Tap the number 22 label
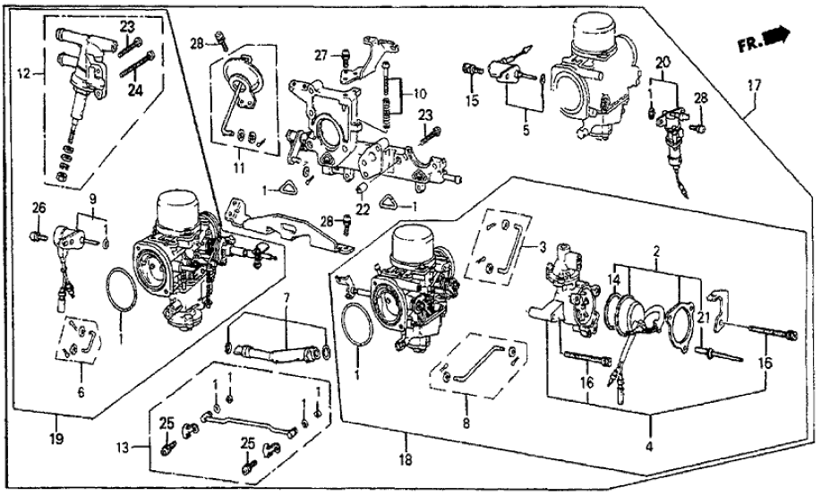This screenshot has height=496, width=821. (363, 210)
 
